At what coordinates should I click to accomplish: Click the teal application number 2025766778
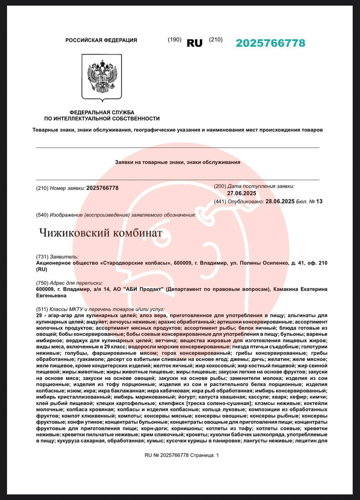coord(270,43)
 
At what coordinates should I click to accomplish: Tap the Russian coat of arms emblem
coord(102,77)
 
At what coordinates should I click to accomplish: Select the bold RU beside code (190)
coord(194,43)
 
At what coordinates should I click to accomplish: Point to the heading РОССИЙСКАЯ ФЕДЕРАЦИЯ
coord(101,40)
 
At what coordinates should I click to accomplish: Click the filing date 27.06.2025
coord(242,193)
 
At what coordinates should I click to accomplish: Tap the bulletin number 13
coord(320,202)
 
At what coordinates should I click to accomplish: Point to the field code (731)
coord(42,257)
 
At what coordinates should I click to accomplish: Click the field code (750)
coord(42,283)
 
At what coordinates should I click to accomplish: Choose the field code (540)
coord(42,215)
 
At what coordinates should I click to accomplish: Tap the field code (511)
coord(42,309)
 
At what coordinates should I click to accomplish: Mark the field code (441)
coord(220,202)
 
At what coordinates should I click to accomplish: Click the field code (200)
coord(220,186)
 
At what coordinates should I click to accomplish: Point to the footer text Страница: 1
coord(205,455)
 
